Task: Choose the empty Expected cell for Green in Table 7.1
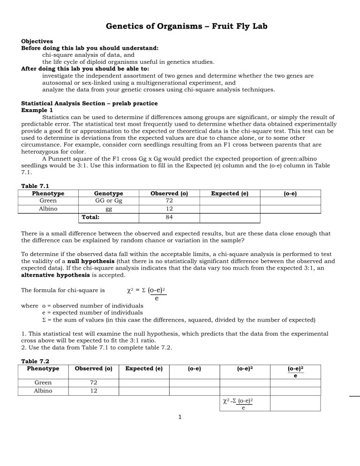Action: [229, 201]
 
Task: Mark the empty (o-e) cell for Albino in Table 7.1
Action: [290, 210]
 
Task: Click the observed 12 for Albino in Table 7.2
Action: [92, 391]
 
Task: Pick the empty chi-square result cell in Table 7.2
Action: [295, 403]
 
